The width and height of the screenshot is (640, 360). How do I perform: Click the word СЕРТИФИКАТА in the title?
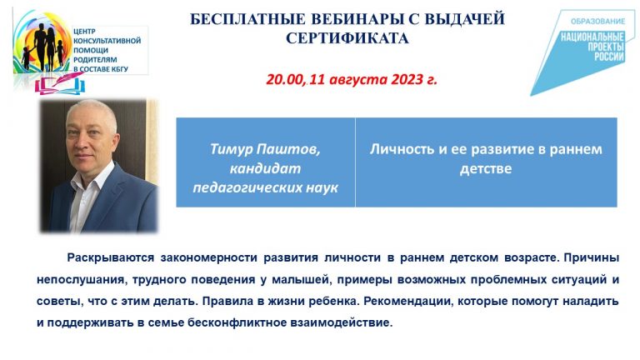[347, 38]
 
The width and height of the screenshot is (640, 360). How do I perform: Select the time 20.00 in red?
[284, 79]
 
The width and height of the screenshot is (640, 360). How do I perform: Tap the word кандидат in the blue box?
[265, 168]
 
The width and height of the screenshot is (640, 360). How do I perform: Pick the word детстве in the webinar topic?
[486, 168]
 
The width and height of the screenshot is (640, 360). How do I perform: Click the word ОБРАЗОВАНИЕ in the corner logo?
[597, 21]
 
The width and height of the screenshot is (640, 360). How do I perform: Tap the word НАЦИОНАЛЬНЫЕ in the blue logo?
[592, 37]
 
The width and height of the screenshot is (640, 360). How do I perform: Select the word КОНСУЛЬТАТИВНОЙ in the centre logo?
[107, 41]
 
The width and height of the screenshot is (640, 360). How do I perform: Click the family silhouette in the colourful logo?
[44, 46]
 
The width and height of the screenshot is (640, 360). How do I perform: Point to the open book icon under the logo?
[60, 85]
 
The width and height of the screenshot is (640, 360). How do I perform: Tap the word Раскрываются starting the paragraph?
[111, 258]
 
